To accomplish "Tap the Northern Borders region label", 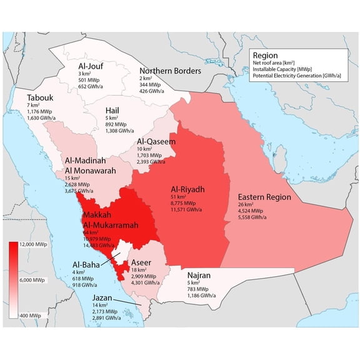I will click(170, 71).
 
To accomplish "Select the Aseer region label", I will click(141, 262).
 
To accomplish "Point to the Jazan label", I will click(100, 299).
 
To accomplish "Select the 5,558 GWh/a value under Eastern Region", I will click(251, 217).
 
